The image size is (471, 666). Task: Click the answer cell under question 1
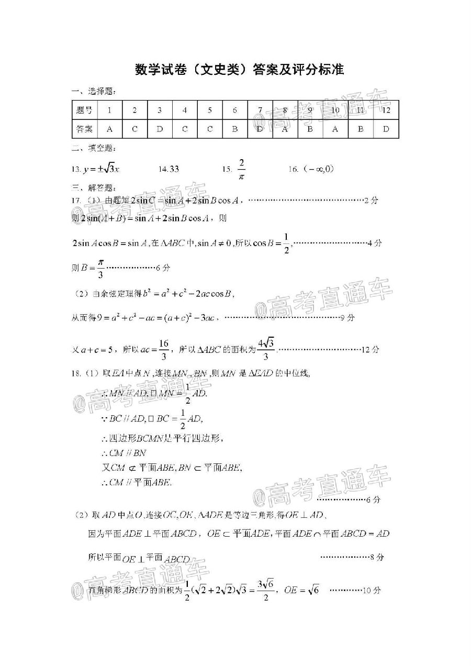tap(109, 129)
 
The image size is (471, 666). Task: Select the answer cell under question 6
tap(235, 129)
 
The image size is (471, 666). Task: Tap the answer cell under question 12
tap(386, 129)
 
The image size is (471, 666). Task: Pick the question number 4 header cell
tap(185, 110)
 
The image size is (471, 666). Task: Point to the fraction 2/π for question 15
tap(241, 169)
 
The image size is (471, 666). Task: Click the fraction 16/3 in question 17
tap(164, 349)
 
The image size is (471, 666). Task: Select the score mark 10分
tap(373, 591)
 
